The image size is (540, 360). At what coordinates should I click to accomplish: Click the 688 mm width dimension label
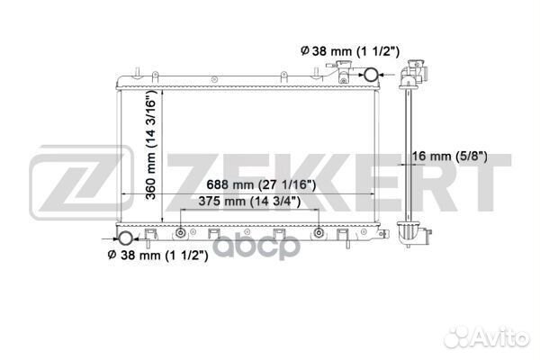click(261, 185)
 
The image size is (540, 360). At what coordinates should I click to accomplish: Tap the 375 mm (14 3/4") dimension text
click(249, 202)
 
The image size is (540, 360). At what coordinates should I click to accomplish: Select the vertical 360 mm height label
click(151, 145)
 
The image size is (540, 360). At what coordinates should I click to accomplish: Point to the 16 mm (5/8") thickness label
click(449, 157)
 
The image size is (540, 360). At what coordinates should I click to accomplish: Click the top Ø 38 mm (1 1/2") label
click(350, 51)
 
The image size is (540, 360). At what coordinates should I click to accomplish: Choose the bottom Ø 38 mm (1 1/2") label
click(157, 256)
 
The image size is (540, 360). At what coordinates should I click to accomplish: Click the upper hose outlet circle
click(371, 75)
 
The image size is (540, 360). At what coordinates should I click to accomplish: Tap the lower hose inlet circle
click(125, 238)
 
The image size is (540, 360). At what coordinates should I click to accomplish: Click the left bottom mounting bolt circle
click(181, 233)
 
